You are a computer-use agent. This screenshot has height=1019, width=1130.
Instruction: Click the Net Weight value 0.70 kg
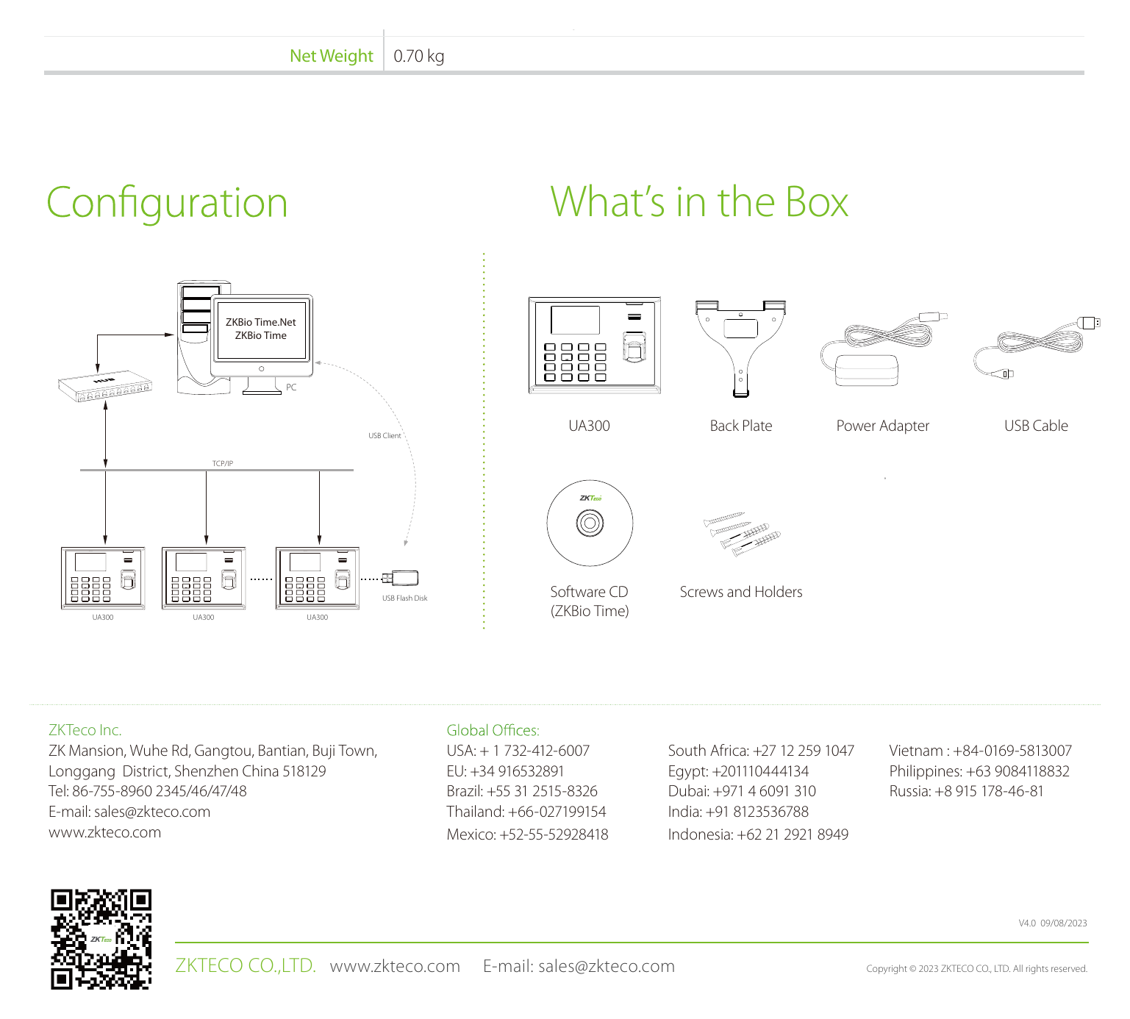(x=418, y=56)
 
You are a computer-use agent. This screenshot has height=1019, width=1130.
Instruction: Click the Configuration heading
(x=167, y=204)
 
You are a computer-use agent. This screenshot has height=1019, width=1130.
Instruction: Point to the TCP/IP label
(x=223, y=463)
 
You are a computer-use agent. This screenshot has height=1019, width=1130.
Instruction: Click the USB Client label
(x=385, y=436)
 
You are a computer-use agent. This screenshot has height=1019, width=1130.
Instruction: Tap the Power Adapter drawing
(x=884, y=348)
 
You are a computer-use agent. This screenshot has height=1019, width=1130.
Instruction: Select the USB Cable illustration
(x=1036, y=346)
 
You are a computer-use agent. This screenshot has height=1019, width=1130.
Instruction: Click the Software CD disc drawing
(x=590, y=523)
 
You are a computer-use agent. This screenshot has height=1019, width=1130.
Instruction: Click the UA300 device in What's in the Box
(x=595, y=346)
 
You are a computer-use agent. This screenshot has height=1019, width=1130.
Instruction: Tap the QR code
(x=101, y=939)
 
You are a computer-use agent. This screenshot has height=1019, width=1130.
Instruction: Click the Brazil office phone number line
(x=522, y=791)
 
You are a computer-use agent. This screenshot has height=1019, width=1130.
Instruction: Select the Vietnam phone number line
(x=980, y=751)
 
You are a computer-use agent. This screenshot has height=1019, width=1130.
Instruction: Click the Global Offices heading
(x=493, y=730)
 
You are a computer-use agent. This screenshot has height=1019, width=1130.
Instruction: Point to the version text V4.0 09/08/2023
(x=1052, y=923)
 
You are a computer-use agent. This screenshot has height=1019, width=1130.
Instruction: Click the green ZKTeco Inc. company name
(x=85, y=730)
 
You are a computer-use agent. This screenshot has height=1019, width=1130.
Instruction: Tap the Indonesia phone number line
(x=758, y=834)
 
